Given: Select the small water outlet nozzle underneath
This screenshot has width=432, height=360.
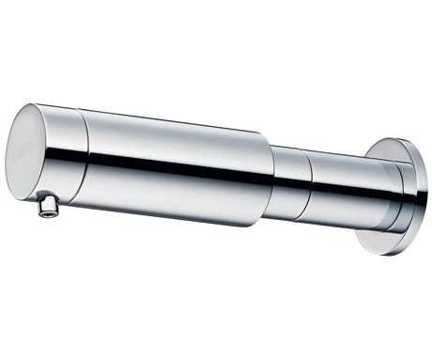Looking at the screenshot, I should coord(47,206).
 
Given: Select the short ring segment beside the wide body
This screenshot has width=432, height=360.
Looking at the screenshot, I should coord(291,183).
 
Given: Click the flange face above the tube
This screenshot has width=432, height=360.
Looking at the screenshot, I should coord(390,153).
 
